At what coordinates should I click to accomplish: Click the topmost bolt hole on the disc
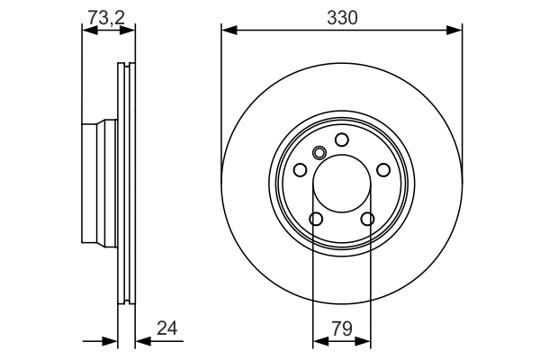342,139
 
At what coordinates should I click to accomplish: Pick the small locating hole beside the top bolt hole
318,152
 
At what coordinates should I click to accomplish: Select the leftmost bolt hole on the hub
300,170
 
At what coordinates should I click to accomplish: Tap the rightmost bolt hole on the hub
383,170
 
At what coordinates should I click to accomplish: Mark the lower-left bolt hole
316,219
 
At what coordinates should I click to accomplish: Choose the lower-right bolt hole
367,219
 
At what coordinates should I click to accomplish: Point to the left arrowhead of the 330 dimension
227,31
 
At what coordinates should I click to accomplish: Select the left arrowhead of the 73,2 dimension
87,31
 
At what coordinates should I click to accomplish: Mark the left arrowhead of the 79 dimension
318,342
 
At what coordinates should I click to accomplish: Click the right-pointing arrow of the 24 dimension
112,342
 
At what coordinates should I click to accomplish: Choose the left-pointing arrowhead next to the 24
141,342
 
